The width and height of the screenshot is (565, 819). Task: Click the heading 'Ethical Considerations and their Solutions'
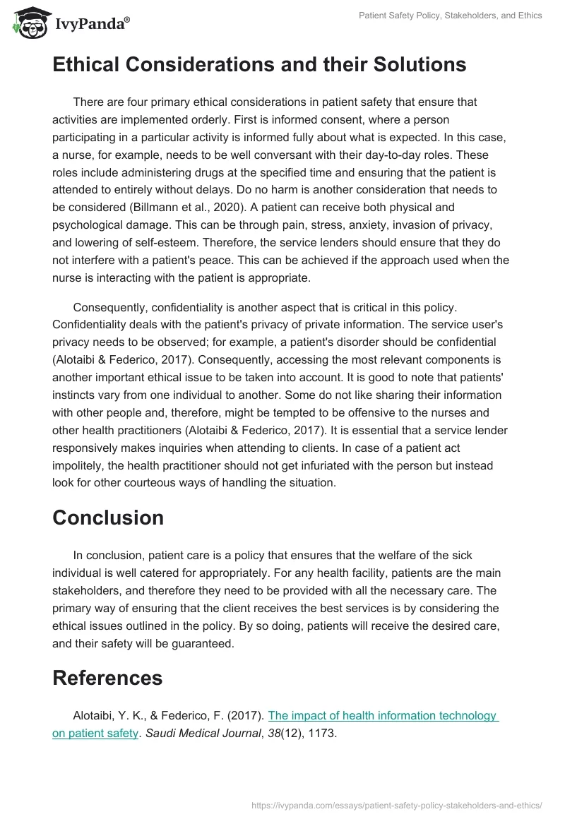tap(259, 65)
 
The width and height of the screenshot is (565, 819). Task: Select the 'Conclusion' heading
tap(108, 518)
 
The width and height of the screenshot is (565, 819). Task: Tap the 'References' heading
tap(107, 678)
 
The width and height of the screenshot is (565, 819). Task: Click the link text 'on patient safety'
tap(95, 733)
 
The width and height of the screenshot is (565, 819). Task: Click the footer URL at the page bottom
tap(397, 804)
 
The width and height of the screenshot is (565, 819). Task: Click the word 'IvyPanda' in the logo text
tap(92, 23)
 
